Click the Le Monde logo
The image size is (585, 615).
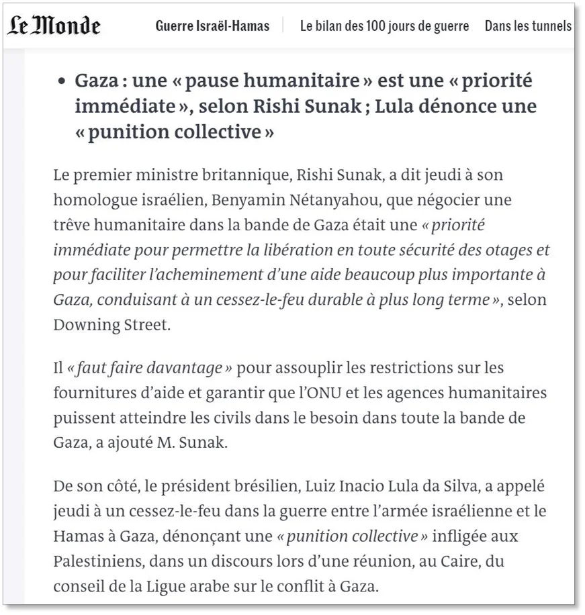coord(54,26)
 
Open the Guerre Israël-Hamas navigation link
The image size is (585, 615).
coord(212,26)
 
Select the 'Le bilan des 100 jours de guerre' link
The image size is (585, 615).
coord(384,26)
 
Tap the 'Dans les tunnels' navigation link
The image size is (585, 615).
coord(528,26)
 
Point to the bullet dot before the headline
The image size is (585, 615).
coord(62,82)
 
